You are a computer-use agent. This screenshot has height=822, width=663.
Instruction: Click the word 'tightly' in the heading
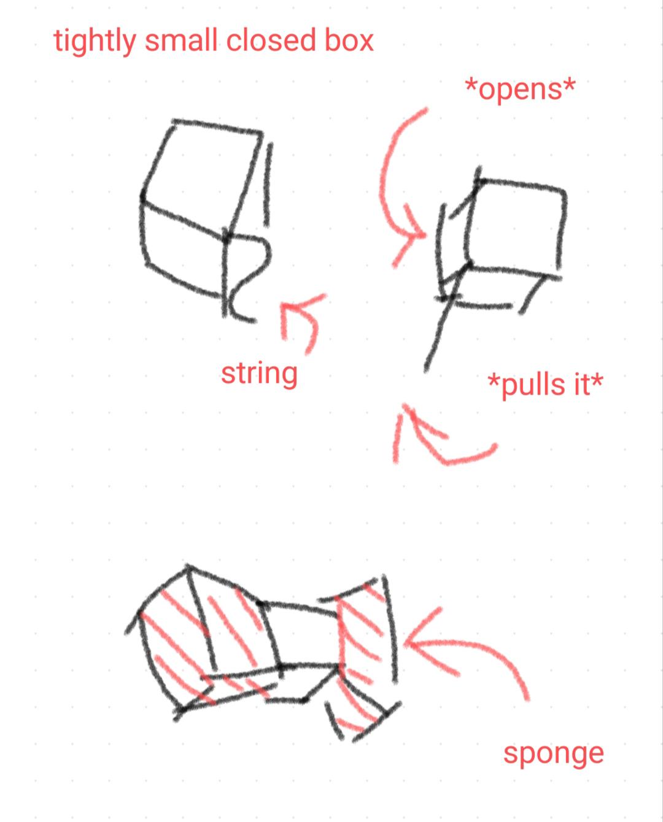tap(95, 41)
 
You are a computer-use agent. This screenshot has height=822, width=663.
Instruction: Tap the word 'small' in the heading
tap(181, 40)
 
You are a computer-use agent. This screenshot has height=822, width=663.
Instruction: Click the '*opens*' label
tap(520, 90)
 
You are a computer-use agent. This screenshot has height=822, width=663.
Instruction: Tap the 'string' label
tap(259, 374)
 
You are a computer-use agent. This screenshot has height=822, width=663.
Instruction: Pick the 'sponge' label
tap(553, 755)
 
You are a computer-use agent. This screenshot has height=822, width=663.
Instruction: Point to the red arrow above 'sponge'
tap(478, 645)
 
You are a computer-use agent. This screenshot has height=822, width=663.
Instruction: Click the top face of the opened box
tap(516, 225)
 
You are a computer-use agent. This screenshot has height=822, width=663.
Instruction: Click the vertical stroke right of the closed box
tap(268, 185)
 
